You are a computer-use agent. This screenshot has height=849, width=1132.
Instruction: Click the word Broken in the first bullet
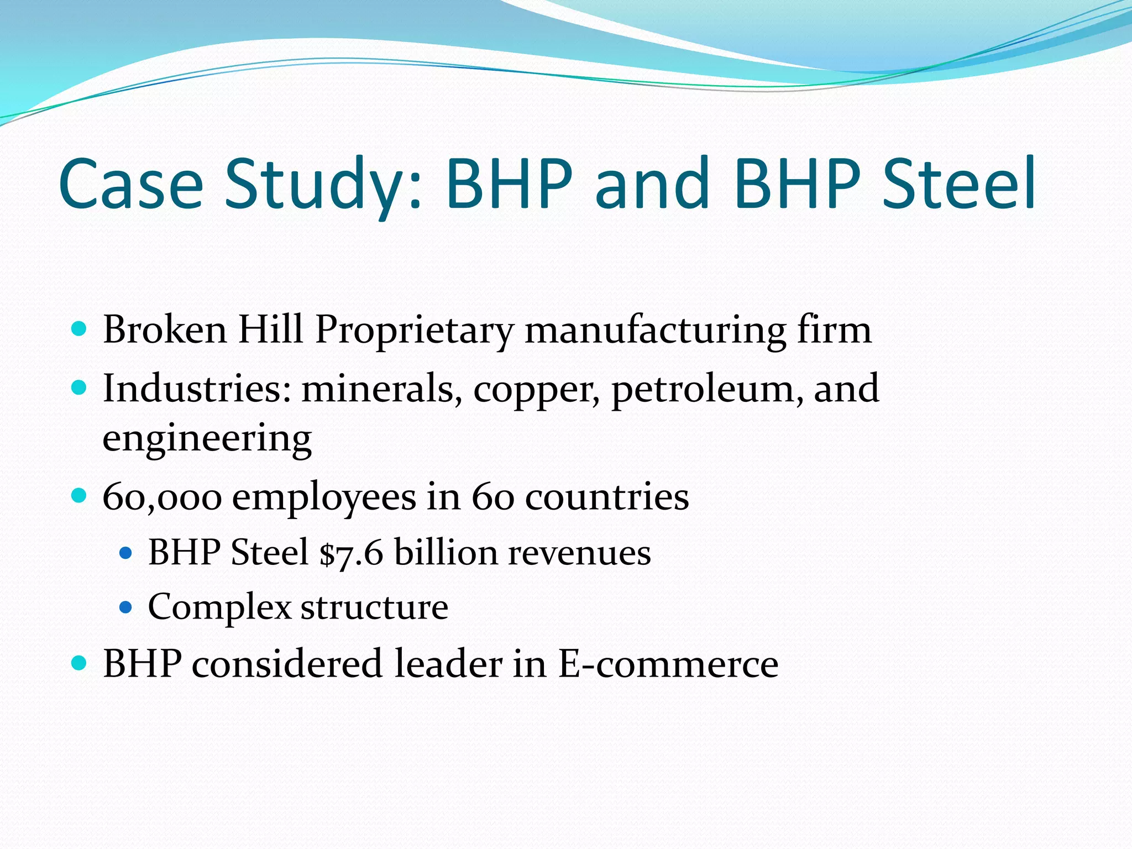point(165,330)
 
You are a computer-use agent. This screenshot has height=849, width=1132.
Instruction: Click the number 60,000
point(162,497)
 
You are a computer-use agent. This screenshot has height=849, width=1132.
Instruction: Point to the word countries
point(606,497)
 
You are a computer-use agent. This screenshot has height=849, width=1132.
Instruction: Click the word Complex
point(219,607)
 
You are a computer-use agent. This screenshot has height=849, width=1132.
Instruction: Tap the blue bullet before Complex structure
point(126,607)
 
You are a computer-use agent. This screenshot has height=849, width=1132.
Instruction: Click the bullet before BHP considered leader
point(80,663)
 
